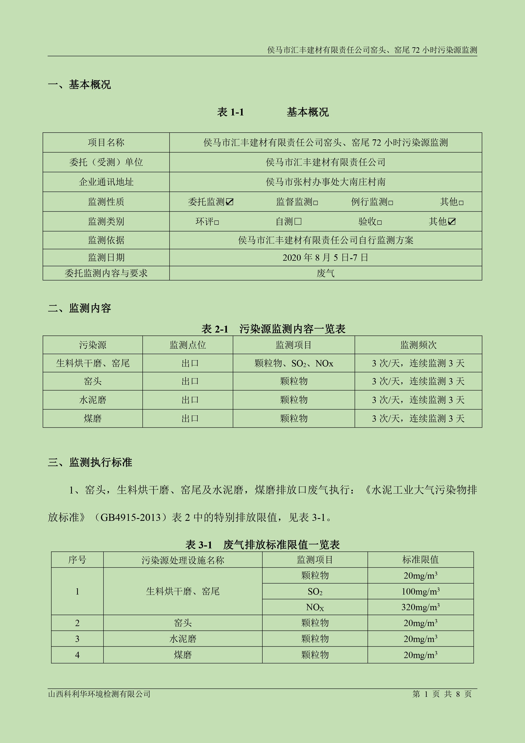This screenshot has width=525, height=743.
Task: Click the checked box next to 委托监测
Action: click(230, 202)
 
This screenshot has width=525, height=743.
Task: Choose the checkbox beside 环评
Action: click(217, 222)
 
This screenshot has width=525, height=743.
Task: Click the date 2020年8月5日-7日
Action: click(325, 258)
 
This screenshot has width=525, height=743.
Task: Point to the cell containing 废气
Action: click(325, 273)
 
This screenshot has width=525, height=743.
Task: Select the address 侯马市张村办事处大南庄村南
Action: click(325, 182)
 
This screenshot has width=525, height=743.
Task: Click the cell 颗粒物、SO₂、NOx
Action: click(294, 363)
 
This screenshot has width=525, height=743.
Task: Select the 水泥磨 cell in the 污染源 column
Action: click(92, 400)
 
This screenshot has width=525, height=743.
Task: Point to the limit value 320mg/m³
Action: click(420, 607)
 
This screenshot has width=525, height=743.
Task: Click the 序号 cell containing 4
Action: click(77, 655)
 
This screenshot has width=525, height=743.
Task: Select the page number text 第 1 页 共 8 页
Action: click(442, 694)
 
